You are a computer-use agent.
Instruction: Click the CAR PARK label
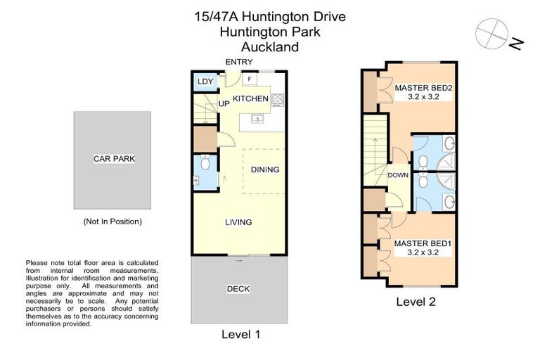[x=113, y=159]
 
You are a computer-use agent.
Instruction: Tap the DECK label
[x=238, y=289]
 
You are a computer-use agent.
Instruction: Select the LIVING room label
[x=238, y=222]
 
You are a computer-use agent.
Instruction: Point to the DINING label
[x=264, y=169]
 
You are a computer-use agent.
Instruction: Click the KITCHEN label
[x=251, y=98]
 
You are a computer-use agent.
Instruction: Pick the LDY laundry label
[x=205, y=82]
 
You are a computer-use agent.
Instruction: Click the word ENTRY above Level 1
[x=238, y=63]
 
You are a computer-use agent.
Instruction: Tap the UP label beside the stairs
[x=224, y=104]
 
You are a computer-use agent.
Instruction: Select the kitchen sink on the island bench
[x=257, y=120]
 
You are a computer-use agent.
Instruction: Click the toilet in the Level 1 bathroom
[x=205, y=164]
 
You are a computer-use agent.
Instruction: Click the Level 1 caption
[x=240, y=335]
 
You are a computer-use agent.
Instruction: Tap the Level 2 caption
[x=415, y=302]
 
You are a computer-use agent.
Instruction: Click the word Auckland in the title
[x=270, y=48]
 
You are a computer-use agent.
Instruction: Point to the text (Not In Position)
[x=112, y=221]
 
